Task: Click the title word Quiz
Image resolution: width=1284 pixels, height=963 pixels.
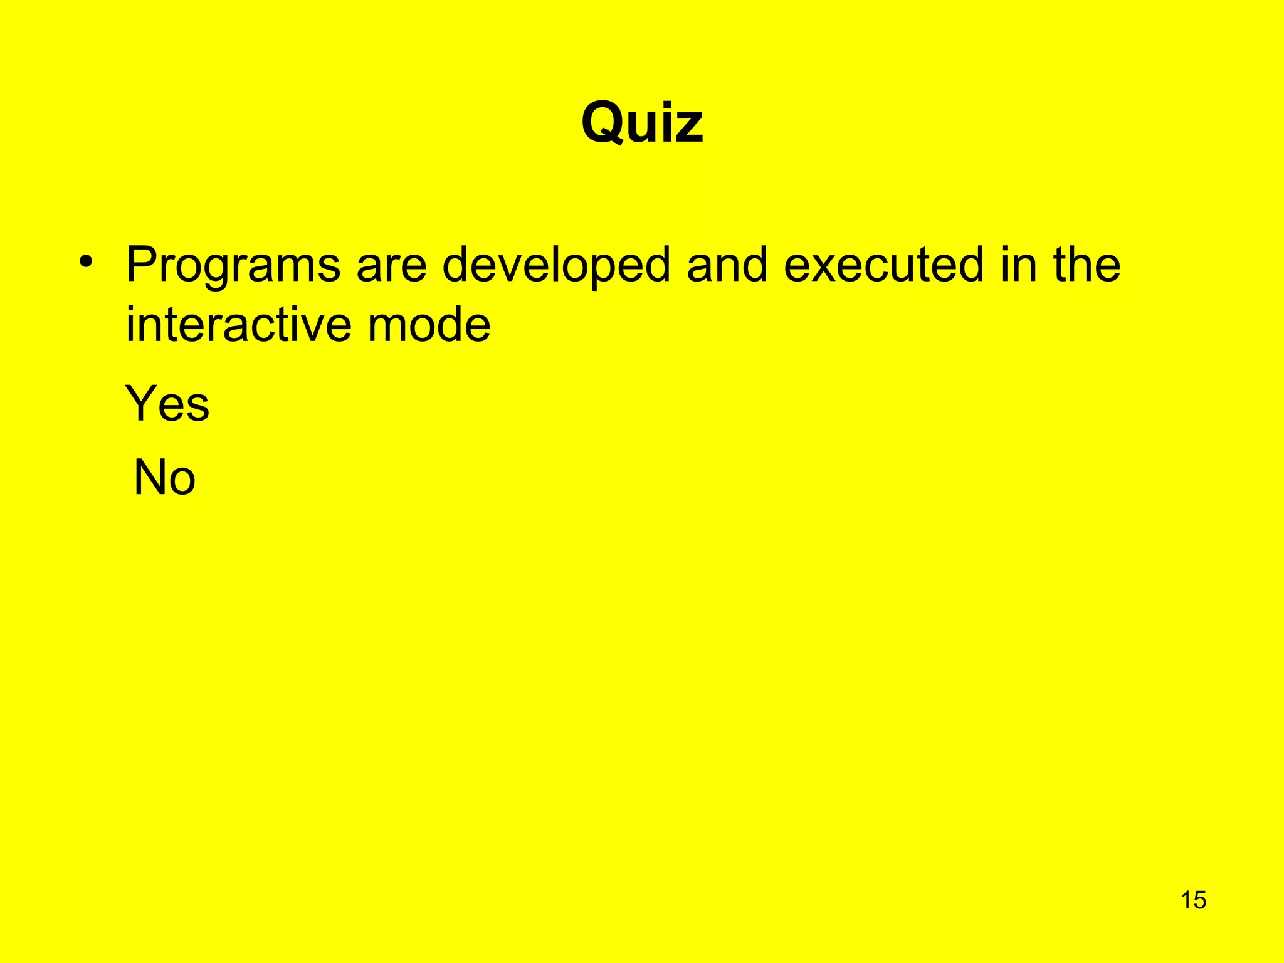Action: pos(642,124)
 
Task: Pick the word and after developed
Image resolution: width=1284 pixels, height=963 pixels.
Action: pos(727,265)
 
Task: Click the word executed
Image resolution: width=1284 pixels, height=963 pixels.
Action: pos(883,265)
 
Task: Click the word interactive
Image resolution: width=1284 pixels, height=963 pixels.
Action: pos(239,325)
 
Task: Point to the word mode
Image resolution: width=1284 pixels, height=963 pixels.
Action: pos(429,325)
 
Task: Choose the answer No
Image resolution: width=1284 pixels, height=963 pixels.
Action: pos(165,478)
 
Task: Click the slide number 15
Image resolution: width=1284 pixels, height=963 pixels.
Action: pos(1193,900)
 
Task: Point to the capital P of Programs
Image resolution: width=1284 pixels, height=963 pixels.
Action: pos(141,265)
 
